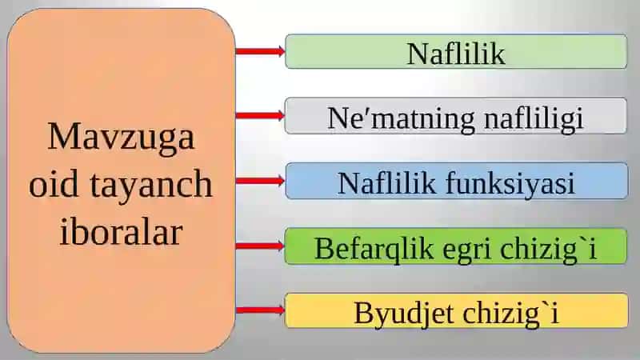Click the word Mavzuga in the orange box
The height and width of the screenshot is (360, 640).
point(122,138)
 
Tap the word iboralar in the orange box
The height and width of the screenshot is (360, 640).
point(121,231)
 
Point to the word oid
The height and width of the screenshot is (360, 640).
point(54,184)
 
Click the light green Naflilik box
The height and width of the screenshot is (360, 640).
point(456,51)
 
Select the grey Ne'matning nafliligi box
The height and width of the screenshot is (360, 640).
point(455,116)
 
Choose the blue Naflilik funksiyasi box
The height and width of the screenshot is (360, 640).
point(457,181)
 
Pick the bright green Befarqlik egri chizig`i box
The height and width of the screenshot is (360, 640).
point(455,246)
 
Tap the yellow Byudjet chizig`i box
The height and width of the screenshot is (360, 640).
point(456,310)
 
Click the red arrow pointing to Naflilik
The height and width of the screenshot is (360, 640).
point(261,51)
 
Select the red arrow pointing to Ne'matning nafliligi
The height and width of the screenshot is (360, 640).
point(261,115)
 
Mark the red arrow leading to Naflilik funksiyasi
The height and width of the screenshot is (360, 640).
point(261,181)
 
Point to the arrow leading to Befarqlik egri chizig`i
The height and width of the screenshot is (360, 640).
point(261,246)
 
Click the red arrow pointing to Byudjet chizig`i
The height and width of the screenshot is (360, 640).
point(261,310)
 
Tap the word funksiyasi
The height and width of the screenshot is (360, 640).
point(510,184)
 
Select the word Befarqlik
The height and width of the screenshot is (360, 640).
point(374,248)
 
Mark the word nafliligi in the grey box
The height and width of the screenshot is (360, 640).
point(534,119)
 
